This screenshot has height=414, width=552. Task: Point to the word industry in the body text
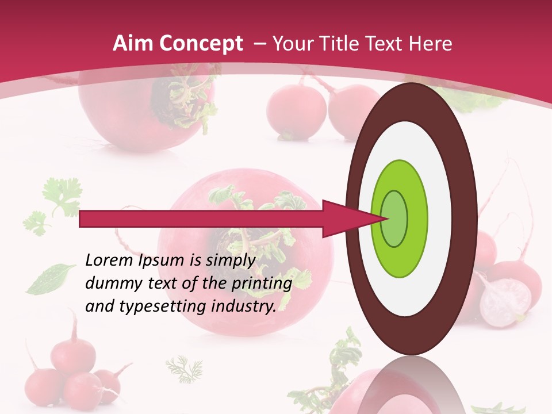point(243,306)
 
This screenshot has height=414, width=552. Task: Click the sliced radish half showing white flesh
point(505,301)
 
